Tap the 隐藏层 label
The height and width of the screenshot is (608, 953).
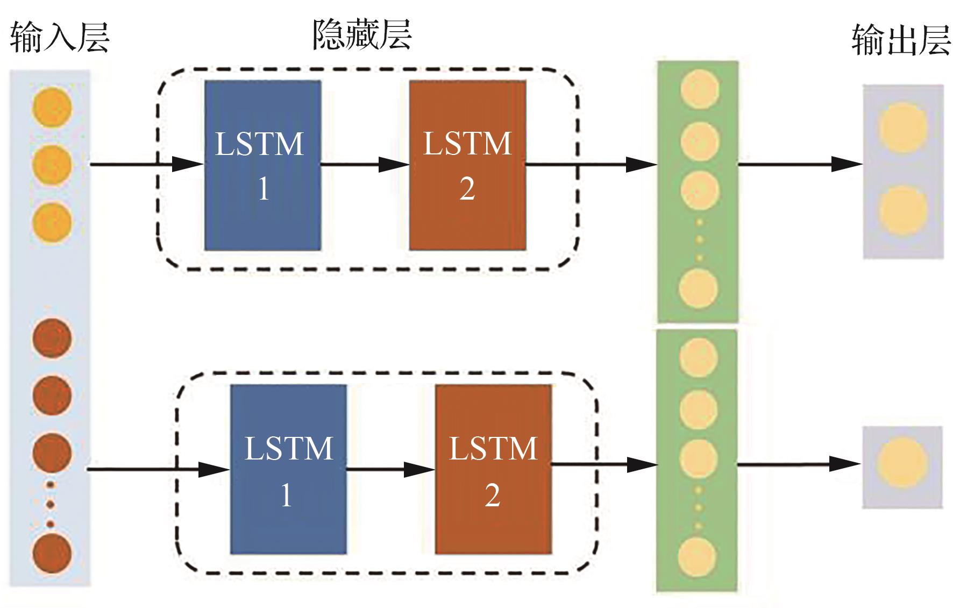point(362,36)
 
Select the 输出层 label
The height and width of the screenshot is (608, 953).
point(901,41)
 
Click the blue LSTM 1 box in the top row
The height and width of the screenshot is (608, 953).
point(262,165)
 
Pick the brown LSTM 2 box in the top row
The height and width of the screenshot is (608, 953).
point(467,165)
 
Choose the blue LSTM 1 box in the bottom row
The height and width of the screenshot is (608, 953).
point(288,469)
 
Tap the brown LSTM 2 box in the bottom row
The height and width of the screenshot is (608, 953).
point(493,469)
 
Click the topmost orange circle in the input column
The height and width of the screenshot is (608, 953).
point(52,107)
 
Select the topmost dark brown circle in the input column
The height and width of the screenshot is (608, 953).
point(52,338)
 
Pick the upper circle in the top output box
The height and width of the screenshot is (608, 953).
point(903,128)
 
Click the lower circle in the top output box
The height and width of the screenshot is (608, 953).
point(903,210)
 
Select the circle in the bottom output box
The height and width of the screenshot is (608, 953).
point(902,463)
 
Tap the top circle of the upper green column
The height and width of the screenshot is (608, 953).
point(700,88)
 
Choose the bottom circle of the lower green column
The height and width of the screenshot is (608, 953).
point(698,557)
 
